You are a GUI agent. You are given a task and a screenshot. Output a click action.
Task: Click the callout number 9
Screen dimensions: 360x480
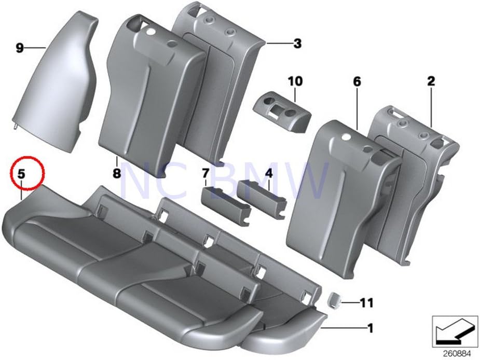point(20,49)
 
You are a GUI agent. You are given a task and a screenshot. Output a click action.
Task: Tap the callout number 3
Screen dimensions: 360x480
point(297,44)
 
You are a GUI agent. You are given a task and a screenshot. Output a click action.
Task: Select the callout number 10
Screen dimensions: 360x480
point(295,81)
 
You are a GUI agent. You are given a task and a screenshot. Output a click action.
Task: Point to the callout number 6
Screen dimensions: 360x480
point(356,81)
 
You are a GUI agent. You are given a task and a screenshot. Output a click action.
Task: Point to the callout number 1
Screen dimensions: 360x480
point(370,327)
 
